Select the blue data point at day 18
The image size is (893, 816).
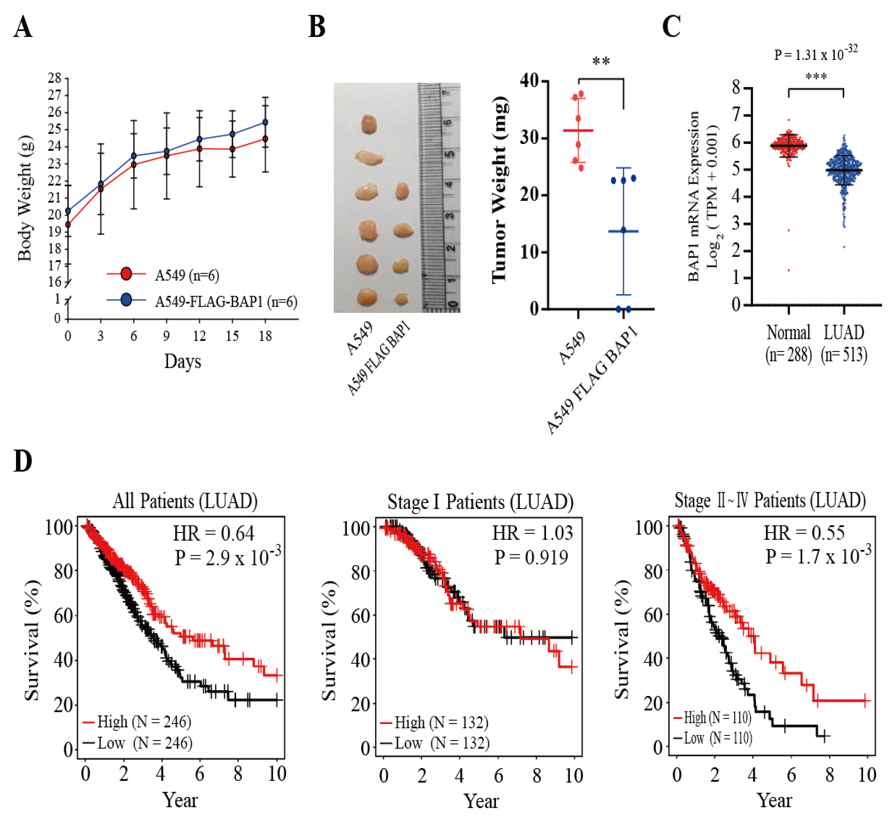265,122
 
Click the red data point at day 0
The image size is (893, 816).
68,225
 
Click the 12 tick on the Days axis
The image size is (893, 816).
199,336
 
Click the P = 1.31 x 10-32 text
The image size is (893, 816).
815,54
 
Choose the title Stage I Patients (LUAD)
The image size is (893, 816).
480,502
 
